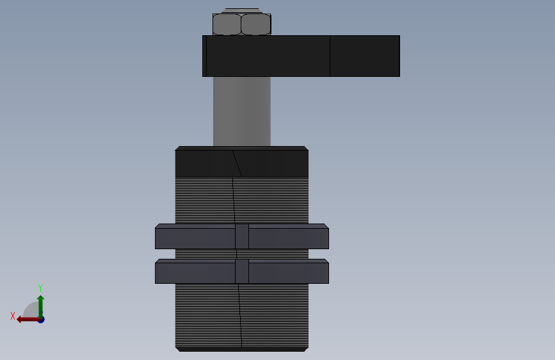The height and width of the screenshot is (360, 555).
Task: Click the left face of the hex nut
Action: point(227,24)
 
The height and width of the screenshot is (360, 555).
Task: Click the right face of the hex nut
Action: point(256,24)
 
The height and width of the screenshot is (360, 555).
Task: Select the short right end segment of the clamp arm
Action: point(365,56)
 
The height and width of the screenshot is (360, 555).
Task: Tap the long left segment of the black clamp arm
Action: point(268,56)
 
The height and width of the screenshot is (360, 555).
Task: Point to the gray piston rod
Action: point(242,111)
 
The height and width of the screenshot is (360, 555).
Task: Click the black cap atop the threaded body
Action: point(242,163)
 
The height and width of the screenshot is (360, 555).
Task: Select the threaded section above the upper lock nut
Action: point(242,200)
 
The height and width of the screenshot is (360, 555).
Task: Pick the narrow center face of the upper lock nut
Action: point(242,237)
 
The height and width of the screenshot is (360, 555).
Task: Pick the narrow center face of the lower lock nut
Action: point(242,272)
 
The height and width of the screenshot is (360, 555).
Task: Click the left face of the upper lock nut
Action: point(195,238)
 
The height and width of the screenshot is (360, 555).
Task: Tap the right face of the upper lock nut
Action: point(288,238)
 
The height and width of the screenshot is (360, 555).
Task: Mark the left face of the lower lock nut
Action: point(195,273)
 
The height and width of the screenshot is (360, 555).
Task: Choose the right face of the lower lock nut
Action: point(288,273)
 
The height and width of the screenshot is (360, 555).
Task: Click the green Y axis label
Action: point(40,288)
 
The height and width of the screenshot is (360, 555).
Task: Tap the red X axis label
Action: point(13,316)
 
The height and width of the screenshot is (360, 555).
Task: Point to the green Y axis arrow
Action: point(40,304)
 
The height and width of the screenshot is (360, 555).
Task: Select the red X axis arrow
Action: point(26,319)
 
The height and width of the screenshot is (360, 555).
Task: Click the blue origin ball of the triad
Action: point(40,319)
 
